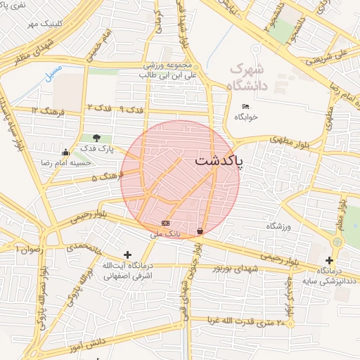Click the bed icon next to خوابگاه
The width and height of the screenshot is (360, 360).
coord(245,105)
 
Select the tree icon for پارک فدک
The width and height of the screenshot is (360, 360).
coord(96,139)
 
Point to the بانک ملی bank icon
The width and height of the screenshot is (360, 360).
coord(166,223)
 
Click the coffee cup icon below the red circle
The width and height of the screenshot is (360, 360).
coord(200,231)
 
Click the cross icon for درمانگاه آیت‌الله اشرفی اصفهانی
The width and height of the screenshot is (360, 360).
coord(127,255)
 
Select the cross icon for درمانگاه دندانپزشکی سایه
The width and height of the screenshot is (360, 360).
coord(328,260)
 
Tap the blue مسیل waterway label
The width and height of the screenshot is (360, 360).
coord(53,72)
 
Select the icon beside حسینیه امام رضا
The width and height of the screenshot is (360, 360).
coord(65,152)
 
